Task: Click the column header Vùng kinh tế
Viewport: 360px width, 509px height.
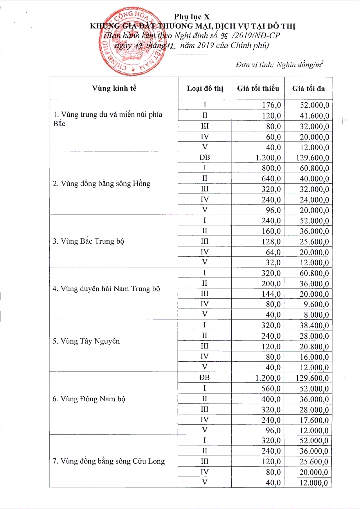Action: pos(114,88)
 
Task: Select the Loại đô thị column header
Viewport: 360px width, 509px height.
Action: pos(205,88)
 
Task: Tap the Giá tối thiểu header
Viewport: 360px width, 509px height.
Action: pos(258,88)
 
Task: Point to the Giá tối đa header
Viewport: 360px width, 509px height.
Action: pos(308,88)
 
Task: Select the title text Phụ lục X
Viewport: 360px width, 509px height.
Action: pos(192,17)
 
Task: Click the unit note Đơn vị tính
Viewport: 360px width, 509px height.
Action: pos(279,65)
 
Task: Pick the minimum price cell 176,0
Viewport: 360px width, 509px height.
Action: pos(271,105)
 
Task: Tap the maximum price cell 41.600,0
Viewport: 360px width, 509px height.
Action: pos(314,116)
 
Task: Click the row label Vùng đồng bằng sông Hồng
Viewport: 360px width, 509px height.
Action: pos(102,184)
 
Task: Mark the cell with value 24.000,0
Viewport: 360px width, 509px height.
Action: pos(314,200)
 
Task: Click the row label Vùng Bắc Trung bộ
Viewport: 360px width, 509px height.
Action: pos(88,241)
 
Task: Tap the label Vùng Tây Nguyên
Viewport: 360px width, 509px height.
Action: pos(86,341)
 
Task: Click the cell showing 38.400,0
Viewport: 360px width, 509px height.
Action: pos(314,325)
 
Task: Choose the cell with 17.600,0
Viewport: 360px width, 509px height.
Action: pos(314,420)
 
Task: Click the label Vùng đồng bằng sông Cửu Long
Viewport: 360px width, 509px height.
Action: pos(109,461)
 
